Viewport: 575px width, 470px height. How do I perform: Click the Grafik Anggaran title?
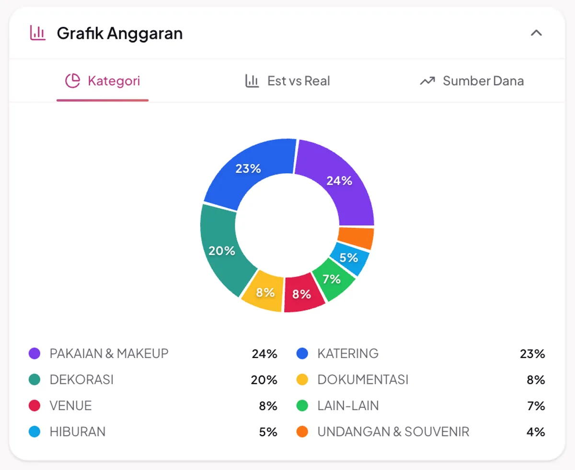click(x=119, y=34)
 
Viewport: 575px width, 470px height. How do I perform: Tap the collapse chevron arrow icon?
click(x=536, y=33)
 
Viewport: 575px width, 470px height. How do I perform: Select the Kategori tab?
click(x=103, y=81)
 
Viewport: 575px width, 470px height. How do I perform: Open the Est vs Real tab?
click(x=287, y=81)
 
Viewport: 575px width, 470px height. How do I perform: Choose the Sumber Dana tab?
click(x=472, y=81)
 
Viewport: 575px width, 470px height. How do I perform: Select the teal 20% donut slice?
click(x=221, y=250)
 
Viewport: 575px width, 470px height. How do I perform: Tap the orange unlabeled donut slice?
click(x=356, y=238)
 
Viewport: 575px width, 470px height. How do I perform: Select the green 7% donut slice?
click(x=332, y=279)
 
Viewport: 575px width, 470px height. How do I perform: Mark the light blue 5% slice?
click(x=349, y=258)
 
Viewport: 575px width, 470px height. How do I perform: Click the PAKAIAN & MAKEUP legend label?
click(x=109, y=354)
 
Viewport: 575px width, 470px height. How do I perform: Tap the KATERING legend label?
click(x=348, y=354)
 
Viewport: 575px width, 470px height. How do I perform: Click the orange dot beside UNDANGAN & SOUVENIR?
click(x=302, y=432)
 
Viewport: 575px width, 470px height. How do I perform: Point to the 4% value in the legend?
click(x=536, y=432)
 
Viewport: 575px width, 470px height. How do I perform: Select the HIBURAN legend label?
click(x=77, y=432)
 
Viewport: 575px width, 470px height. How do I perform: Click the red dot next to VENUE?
click(x=34, y=406)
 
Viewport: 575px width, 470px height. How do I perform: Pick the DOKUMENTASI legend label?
click(x=363, y=380)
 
